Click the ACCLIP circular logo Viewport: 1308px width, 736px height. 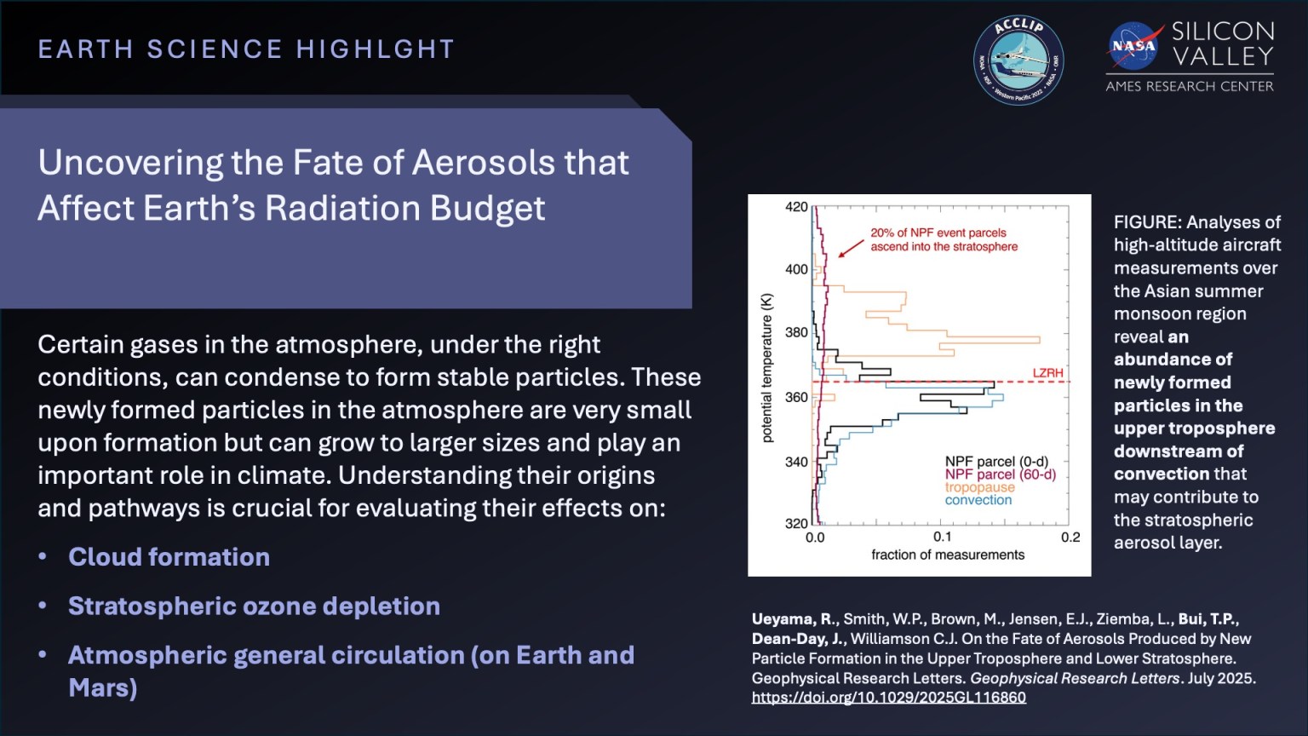(1018, 60)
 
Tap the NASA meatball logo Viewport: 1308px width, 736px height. (1135, 46)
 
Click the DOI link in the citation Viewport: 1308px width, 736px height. (888, 698)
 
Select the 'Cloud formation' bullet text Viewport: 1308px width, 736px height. (169, 557)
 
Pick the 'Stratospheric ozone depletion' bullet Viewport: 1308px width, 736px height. (254, 607)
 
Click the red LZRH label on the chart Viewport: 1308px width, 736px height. (1047, 373)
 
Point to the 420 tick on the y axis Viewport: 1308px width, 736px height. (795, 207)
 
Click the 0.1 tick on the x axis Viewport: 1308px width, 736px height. (942, 537)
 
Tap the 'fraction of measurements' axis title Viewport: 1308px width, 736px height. (947, 555)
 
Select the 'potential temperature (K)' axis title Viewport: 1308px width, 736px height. (767, 368)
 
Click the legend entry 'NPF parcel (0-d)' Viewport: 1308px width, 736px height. (996, 462)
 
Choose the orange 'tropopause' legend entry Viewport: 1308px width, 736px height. (979, 487)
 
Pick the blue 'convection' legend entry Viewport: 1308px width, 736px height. (978, 500)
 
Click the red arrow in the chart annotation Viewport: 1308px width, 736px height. (852, 248)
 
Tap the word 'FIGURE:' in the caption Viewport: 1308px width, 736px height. (1147, 222)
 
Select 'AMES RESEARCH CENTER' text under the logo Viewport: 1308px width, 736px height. (1190, 86)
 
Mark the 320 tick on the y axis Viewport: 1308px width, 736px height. (795, 524)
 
